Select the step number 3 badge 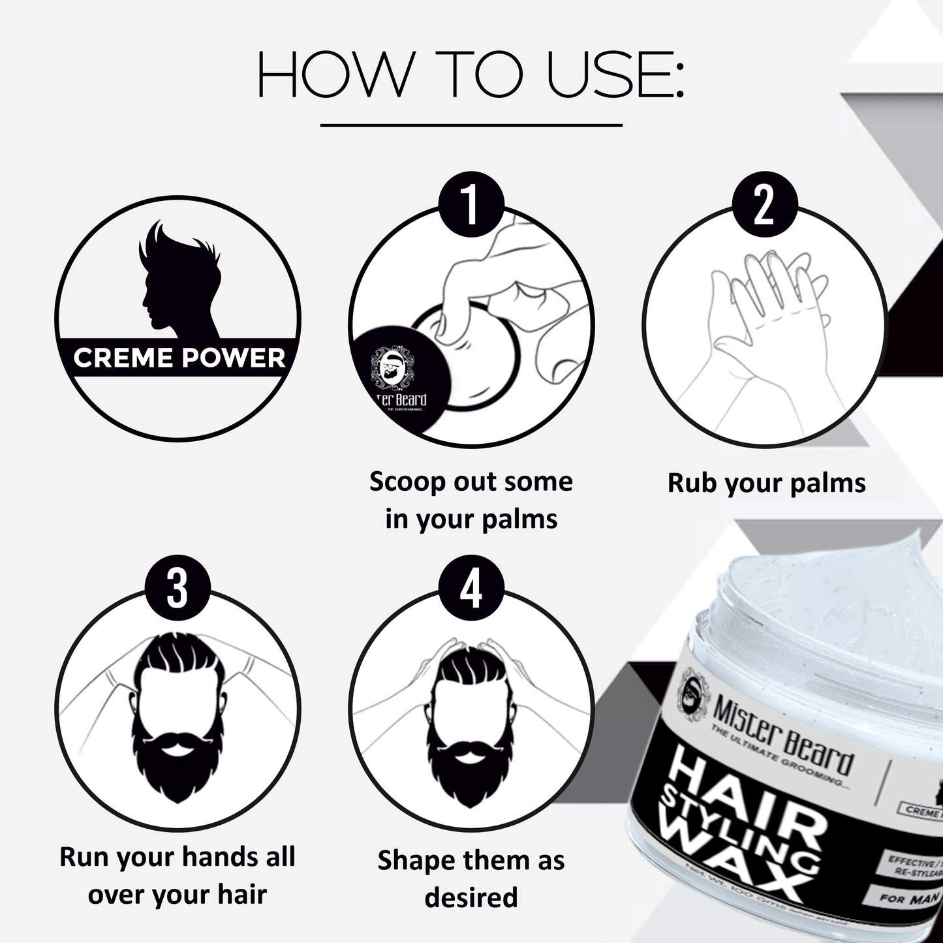178,588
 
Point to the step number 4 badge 471,588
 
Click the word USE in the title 613,76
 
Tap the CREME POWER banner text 179,358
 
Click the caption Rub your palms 766,484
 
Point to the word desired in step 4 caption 471,897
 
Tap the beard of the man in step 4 471,764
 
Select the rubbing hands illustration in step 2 764,326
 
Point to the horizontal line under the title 471,125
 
